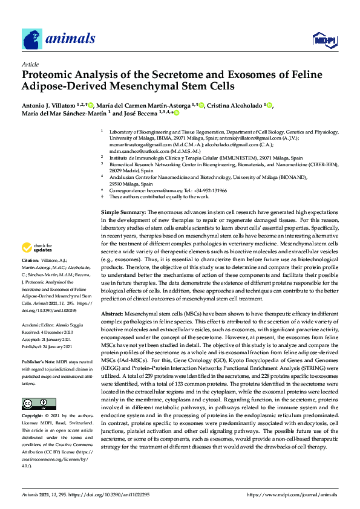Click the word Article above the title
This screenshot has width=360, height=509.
pos(30,63)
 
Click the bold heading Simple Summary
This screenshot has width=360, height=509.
pos(123,213)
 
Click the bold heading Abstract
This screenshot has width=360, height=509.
pos(112,314)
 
